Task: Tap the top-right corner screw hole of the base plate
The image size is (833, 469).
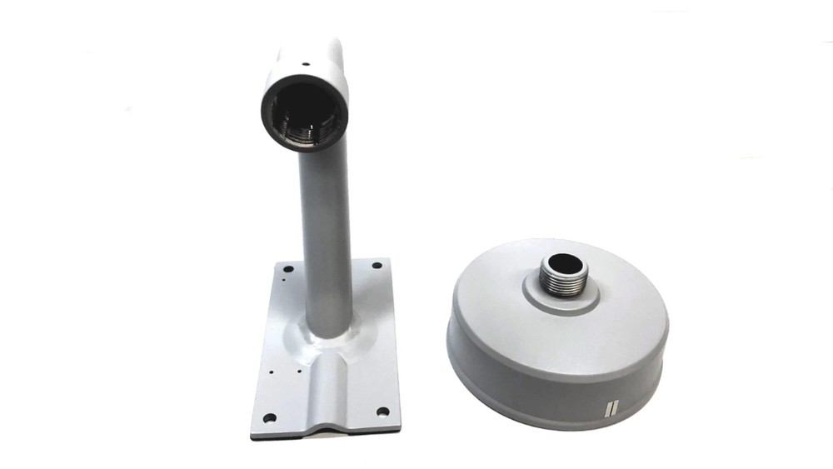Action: tap(377, 266)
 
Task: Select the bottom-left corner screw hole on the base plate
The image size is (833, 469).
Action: tap(268, 417)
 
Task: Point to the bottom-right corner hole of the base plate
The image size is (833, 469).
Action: tap(382, 411)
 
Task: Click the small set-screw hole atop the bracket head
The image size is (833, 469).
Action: tap(306, 61)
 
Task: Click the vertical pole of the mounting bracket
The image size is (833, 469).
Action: tap(326, 233)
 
